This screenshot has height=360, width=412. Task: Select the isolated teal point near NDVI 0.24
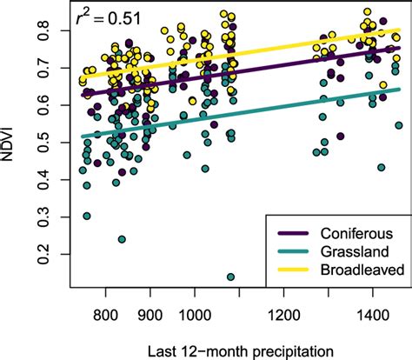122,239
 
